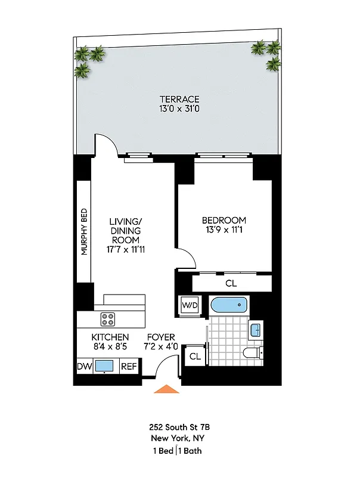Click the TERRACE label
pos(179,99)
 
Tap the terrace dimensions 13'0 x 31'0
pos(179,109)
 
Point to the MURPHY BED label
pos(85,231)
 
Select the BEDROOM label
pos(224,219)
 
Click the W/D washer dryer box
pos(190,305)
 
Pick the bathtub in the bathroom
pos(229,305)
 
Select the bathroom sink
pos(255,329)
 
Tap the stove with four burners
pos(108,319)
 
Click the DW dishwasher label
pos(84,366)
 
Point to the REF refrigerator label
pos(128,366)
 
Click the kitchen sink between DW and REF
pos(105,366)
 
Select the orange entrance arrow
pos(167,389)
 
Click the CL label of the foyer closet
pos(194,357)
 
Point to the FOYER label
pos(161,337)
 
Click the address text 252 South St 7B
pos(179,427)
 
